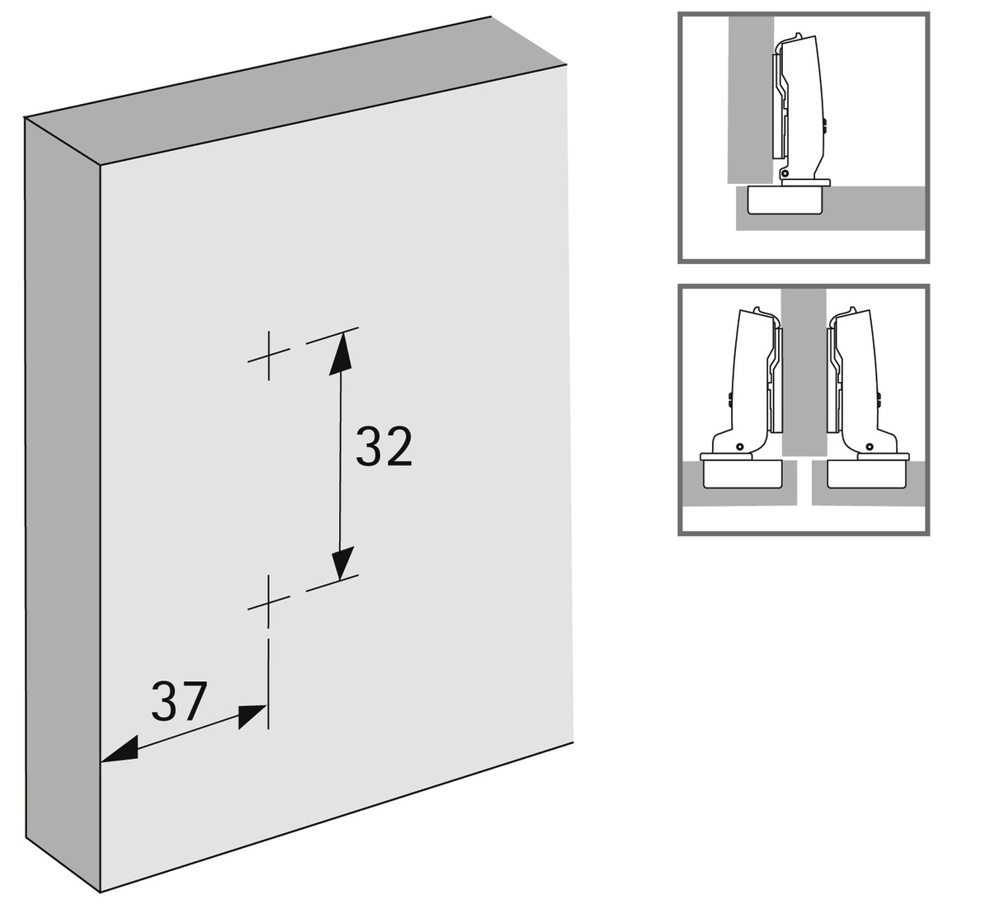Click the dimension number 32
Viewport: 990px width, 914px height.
pyautogui.click(x=384, y=447)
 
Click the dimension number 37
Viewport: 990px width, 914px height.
pyautogui.click(x=178, y=701)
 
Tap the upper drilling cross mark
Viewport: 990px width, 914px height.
pyautogui.click(x=269, y=356)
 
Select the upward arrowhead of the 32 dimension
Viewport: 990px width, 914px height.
pyautogui.click(x=341, y=353)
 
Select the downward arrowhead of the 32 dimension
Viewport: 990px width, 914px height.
pyautogui.click(x=341, y=561)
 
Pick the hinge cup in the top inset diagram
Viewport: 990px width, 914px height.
pyautogui.click(x=785, y=200)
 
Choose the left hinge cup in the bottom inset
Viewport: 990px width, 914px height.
pyautogui.click(x=742, y=474)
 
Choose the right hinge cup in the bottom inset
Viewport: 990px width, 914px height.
pyautogui.click(x=865, y=474)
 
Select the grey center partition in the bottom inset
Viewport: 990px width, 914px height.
pyautogui.click(x=804, y=372)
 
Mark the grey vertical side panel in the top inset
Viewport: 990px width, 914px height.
pyautogui.click(x=749, y=100)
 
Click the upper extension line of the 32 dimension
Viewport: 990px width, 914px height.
pyautogui.click(x=332, y=335)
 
